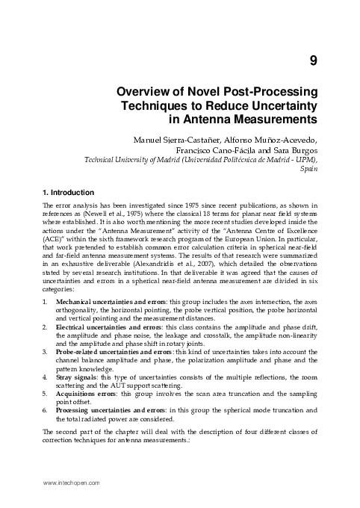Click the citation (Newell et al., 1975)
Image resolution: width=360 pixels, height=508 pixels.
(114, 213)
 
